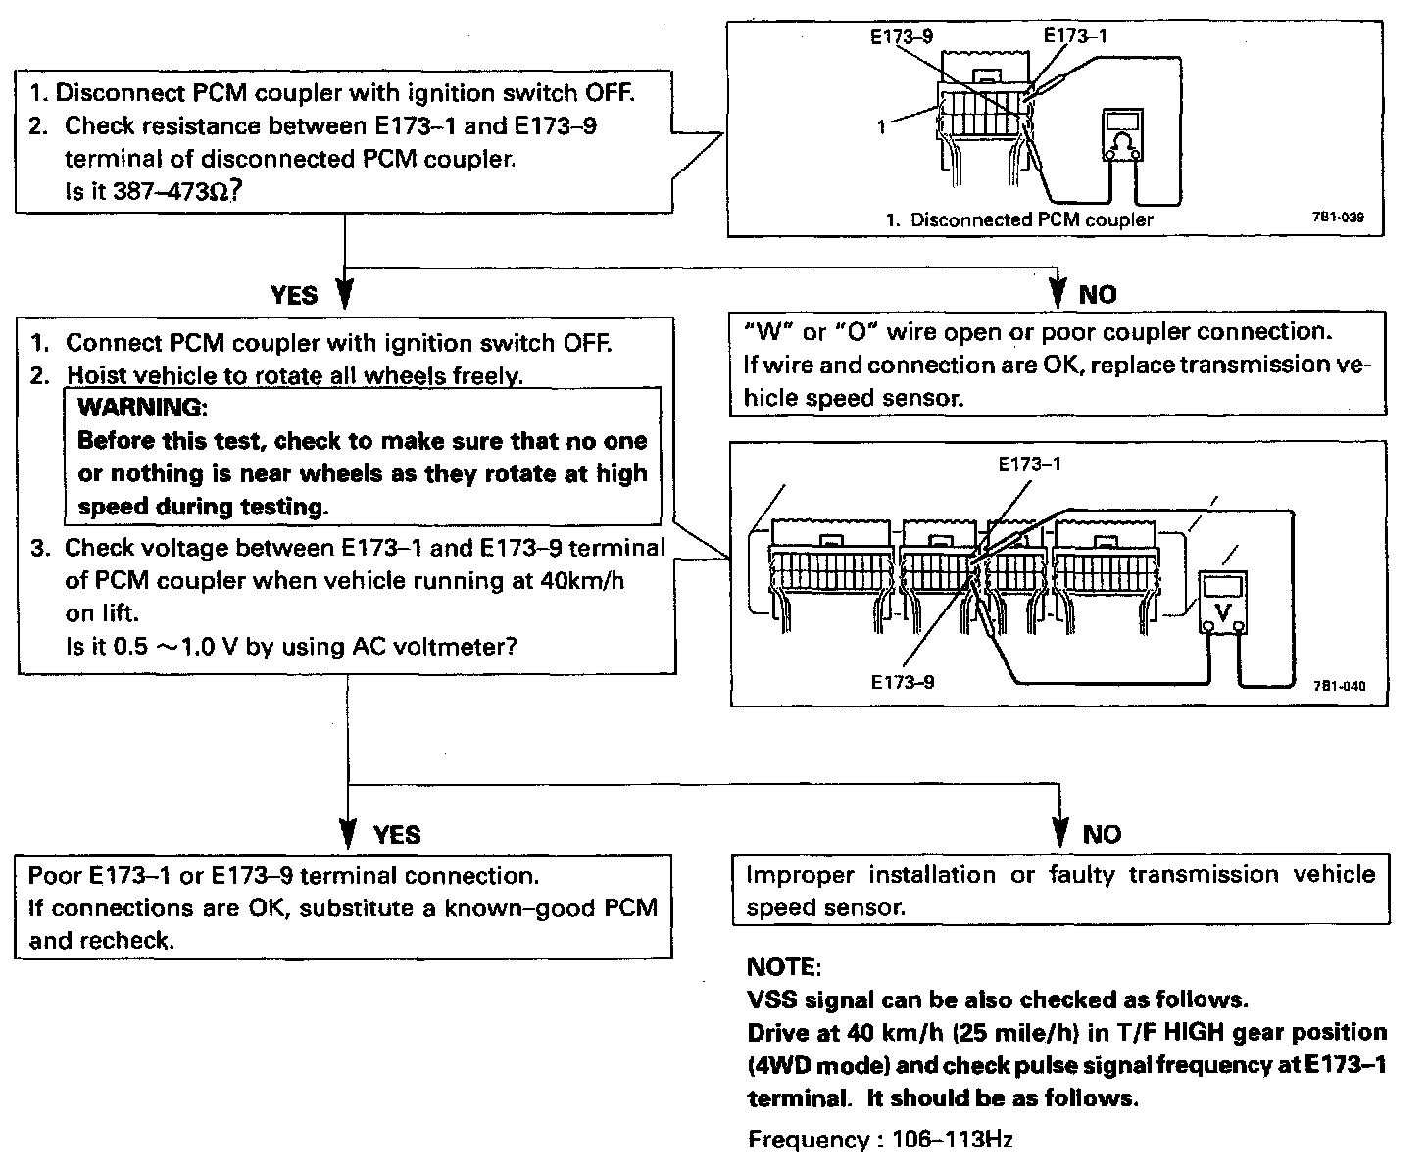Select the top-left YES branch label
coord(294,295)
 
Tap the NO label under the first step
coord(1097,294)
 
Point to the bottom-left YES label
coord(397,835)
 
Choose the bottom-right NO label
coord(1101,835)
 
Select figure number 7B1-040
coord(1338,686)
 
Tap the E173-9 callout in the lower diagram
coord(902,682)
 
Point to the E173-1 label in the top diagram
coord(1077,36)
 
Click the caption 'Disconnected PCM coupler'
coord(1031,219)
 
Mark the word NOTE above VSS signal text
coord(783,967)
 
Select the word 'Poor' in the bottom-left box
coord(56,875)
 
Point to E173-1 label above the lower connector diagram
coord(1029,464)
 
